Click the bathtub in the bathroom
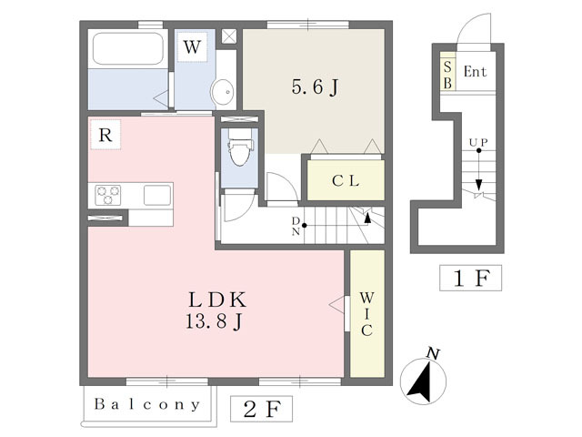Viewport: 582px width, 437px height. point(127,49)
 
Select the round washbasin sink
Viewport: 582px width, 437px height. point(222,91)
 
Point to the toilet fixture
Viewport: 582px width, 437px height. point(239,149)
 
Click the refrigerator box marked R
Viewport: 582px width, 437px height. point(105,137)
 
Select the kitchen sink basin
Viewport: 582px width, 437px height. point(156,194)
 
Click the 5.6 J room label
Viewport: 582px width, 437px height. point(315,87)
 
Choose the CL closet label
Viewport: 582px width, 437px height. point(345,180)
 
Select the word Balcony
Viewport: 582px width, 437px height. point(145,403)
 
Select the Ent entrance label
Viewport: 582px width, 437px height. point(476,72)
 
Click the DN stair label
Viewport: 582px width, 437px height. point(296,225)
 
